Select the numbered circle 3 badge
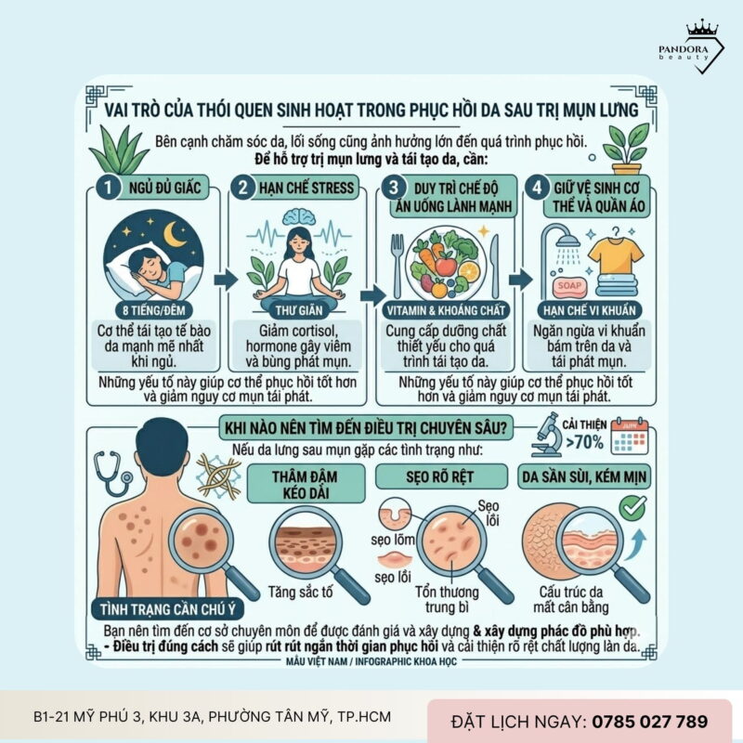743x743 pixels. point(395,187)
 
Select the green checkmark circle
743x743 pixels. point(633,507)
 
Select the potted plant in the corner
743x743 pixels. point(625,147)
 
